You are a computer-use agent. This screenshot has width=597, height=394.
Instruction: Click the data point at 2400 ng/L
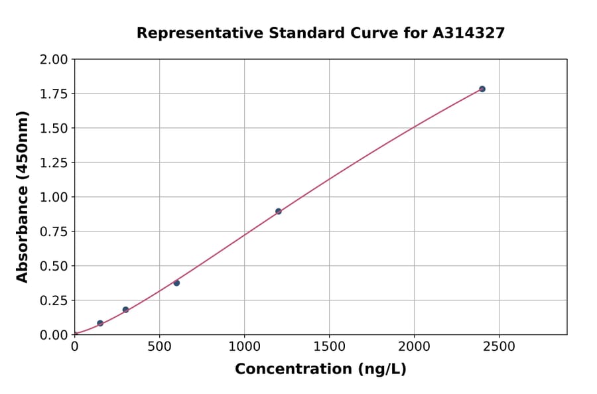(482, 89)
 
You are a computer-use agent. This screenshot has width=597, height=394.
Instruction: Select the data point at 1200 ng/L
(279, 212)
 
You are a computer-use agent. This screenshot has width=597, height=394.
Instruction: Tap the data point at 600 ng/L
(176, 283)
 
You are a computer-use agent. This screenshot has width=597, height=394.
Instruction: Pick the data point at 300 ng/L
(125, 310)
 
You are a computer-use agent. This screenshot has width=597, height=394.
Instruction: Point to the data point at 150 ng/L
(100, 324)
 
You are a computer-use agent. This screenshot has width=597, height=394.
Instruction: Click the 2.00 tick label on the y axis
(54, 60)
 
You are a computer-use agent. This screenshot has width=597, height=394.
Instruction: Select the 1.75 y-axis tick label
(54, 94)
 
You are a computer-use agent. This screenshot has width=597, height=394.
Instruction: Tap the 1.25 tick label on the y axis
(54, 163)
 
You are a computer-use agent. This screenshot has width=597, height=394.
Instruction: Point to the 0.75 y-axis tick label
(54, 232)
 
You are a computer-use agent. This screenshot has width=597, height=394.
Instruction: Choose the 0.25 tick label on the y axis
(54, 300)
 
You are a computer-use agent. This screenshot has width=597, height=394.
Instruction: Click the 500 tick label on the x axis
(159, 347)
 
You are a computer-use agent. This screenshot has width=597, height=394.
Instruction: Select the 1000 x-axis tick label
(244, 347)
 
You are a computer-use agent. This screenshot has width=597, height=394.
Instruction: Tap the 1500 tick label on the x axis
(330, 347)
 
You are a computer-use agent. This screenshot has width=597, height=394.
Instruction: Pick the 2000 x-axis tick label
(415, 347)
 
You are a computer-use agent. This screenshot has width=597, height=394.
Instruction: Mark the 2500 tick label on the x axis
(499, 347)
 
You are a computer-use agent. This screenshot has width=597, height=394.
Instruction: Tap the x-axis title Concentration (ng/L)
(320, 369)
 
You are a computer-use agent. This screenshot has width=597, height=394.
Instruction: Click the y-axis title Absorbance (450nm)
(23, 197)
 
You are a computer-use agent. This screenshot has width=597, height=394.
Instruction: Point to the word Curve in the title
(348, 33)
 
